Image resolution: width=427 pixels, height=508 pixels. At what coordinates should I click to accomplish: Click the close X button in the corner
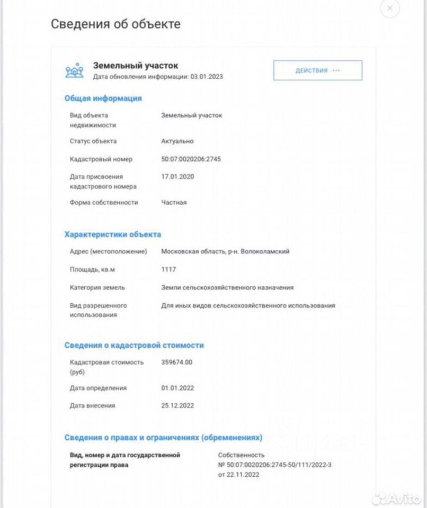click(x=390, y=8)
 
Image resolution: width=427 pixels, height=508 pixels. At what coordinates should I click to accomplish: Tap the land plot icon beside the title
click(x=74, y=71)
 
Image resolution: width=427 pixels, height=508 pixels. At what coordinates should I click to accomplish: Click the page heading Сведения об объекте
click(x=115, y=24)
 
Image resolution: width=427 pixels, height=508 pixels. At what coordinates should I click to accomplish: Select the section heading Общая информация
click(x=103, y=98)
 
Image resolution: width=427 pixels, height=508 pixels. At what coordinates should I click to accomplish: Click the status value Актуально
click(x=177, y=141)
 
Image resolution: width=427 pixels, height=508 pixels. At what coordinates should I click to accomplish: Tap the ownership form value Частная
click(x=174, y=202)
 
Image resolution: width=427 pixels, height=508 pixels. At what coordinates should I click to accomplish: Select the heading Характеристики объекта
click(x=112, y=234)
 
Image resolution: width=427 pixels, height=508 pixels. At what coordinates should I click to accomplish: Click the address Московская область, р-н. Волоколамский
click(x=225, y=252)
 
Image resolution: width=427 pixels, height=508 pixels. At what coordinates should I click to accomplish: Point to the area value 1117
click(x=168, y=270)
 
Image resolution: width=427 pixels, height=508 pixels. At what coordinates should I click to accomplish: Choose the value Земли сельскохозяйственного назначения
click(x=227, y=287)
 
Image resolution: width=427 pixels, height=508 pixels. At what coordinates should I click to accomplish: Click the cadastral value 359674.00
click(x=176, y=362)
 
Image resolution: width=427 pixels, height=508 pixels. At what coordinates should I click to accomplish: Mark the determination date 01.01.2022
click(x=177, y=388)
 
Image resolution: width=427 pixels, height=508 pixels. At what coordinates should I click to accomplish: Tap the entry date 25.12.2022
click(x=177, y=406)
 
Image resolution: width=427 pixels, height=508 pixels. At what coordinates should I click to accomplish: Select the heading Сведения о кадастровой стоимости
click(x=134, y=345)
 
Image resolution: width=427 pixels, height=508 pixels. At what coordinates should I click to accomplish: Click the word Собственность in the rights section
click(x=241, y=455)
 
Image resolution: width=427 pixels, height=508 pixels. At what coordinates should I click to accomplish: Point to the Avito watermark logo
click(x=397, y=498)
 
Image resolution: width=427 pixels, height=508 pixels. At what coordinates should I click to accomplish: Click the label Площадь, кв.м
click(x=92, y=270)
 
